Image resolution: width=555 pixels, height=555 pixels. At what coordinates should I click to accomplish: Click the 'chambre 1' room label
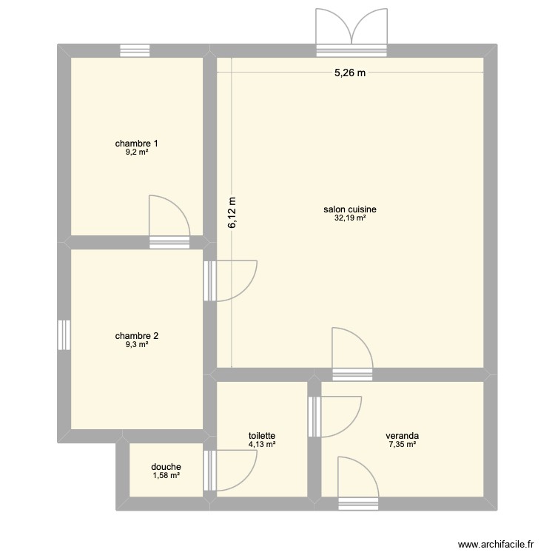(136, 143)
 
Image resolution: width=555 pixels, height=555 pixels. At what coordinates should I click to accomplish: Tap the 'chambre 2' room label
(136, 335)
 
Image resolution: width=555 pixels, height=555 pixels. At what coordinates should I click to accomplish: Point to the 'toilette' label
(262, 437)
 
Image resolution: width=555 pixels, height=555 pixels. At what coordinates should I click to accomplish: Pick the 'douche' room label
(166, 467)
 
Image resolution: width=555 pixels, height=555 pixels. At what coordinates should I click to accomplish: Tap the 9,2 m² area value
(136, 152)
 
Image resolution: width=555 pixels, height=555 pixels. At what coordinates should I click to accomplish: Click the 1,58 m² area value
(166, 475)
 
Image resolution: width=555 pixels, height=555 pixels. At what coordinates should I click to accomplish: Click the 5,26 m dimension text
(350, 73)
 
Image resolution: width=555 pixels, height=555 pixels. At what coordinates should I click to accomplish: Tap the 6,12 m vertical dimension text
(232, 212)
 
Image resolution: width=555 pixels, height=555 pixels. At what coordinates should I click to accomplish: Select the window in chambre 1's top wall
(135, 50)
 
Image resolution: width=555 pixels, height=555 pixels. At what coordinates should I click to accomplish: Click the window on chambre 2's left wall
(64, 334)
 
